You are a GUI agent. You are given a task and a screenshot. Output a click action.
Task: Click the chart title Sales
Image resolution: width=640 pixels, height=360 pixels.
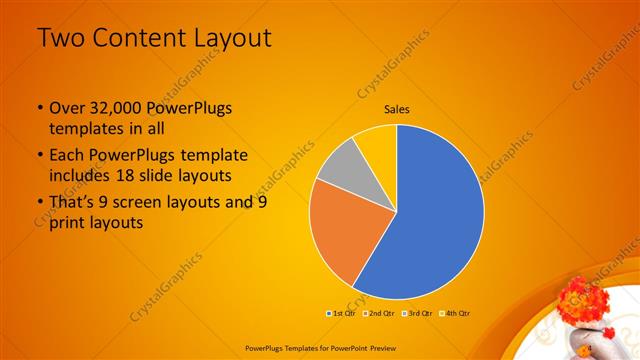pyautogui.click(x=397, y=109)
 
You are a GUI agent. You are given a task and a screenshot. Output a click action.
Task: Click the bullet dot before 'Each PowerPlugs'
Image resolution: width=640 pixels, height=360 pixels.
pyautogui.click(x=39, y=156)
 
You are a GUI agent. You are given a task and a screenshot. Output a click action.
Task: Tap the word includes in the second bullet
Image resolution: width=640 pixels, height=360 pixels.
pyautogui.click(x=80, y=176)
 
